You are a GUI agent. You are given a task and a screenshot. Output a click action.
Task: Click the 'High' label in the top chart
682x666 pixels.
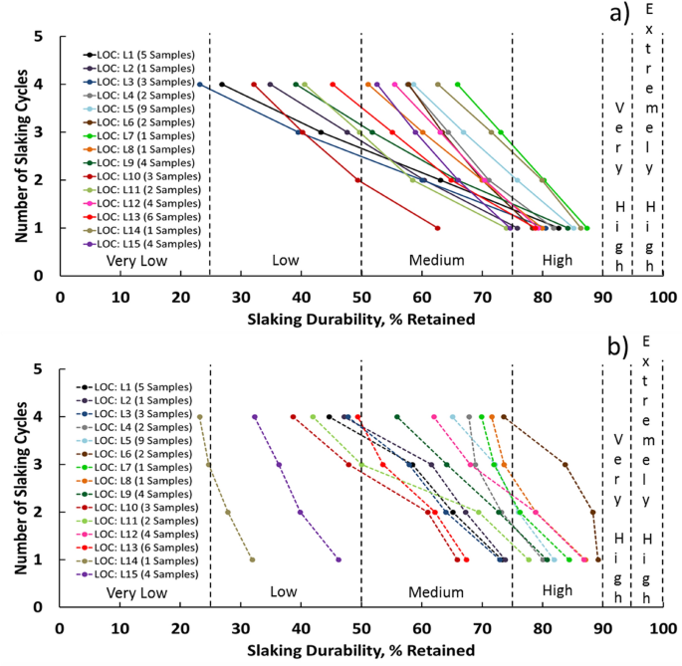[557, 261]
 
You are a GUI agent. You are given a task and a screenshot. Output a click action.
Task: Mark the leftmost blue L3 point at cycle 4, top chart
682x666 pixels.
[200, 85]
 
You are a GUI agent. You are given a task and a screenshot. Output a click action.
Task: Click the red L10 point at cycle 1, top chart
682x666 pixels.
[437, 228]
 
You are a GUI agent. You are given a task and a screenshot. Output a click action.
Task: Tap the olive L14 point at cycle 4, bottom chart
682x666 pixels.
[200, 417]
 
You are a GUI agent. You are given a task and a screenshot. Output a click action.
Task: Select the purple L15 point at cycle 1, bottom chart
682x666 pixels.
[339, 559]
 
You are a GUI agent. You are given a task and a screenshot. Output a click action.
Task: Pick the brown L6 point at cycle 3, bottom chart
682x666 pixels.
[565, 465]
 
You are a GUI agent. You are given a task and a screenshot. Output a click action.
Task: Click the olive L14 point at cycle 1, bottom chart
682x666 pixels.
[252, 559]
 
